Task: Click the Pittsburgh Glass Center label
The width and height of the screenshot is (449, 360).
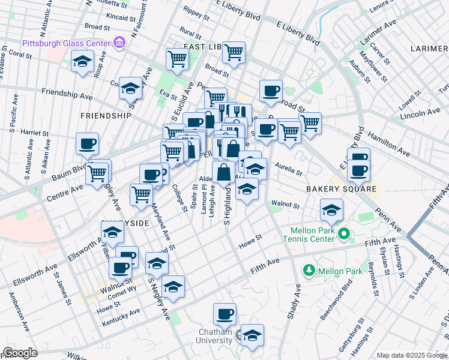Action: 67,43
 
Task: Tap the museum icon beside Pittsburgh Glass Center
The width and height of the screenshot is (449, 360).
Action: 119,43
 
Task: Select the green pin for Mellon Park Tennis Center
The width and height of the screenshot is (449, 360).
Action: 343,233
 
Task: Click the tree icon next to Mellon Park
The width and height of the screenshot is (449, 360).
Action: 310,271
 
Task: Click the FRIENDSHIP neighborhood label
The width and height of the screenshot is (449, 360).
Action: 105,115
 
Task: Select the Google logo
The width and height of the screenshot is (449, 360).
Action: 20,352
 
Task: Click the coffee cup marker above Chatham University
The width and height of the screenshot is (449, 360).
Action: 225,314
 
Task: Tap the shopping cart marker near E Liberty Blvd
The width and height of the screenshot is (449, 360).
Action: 234,52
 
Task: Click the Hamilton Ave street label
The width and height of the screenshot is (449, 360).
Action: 389,142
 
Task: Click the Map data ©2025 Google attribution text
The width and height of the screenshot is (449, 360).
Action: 411,355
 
